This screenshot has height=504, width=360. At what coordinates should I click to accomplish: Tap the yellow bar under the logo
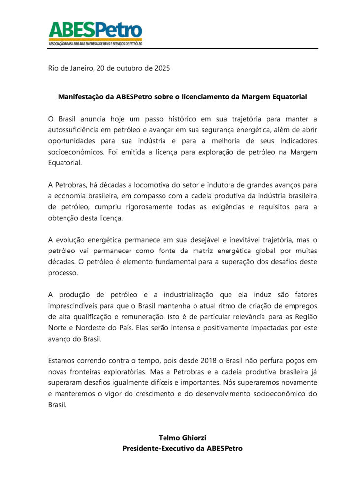click(x=95, y=40)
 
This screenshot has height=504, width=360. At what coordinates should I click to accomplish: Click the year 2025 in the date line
click(x=161, y=68)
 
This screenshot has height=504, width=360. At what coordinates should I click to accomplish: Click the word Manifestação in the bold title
click(x=80, y=97)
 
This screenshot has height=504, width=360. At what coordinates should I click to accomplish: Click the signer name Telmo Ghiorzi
click(x=182, y=437)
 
